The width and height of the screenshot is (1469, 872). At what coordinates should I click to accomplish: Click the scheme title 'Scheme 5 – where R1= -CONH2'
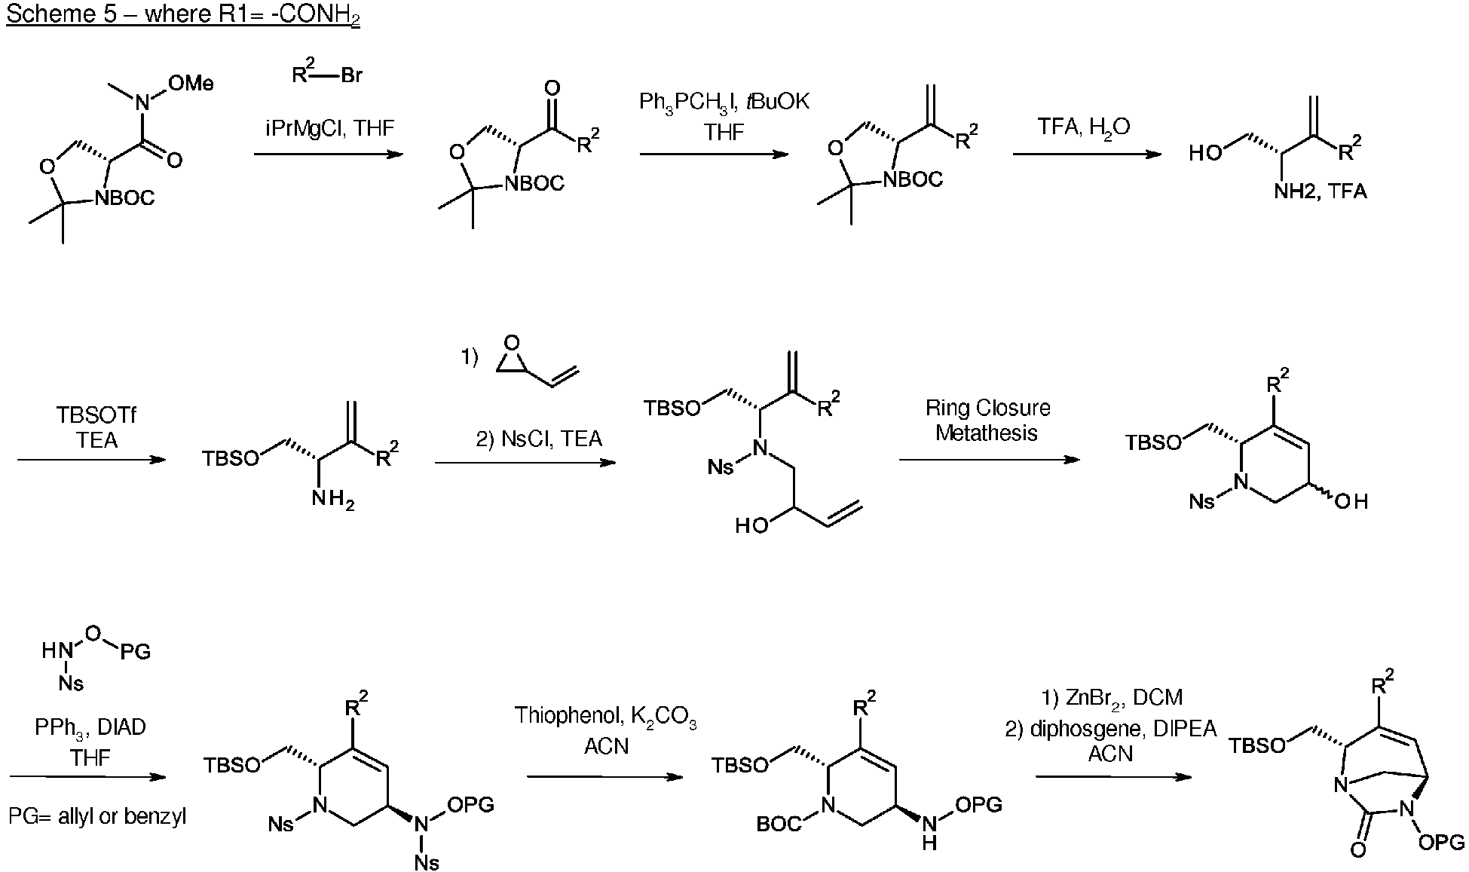click(183, 16)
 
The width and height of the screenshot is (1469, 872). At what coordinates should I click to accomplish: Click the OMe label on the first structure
click(190, 83)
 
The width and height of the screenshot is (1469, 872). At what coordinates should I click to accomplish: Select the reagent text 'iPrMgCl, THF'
click(329, 127)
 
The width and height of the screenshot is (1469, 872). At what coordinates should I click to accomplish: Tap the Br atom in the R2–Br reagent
click(351, 75)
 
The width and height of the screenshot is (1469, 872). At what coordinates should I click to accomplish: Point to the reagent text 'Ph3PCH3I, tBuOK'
click(724, 102)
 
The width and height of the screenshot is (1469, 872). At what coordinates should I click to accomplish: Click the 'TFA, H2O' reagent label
click(1083, 127)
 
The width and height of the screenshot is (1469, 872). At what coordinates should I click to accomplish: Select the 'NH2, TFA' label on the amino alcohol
click(1320, 191)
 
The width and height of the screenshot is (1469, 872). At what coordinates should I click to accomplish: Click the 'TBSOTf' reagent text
click(96, 415)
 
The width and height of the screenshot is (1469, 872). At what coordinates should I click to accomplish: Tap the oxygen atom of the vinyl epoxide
click(512, 344)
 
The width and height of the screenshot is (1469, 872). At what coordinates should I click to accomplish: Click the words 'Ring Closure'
click(987, 408)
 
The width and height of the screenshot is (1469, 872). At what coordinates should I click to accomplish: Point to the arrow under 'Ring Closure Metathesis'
click(990, 460)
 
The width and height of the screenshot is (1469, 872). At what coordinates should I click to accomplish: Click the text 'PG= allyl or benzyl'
click(97, 816)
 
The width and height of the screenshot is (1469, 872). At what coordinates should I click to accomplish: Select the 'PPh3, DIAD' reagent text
click(90, 727)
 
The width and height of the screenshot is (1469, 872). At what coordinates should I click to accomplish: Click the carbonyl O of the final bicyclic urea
click(1357, 850)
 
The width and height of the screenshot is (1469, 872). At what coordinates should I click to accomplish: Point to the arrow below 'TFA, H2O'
click(1088, 155)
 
